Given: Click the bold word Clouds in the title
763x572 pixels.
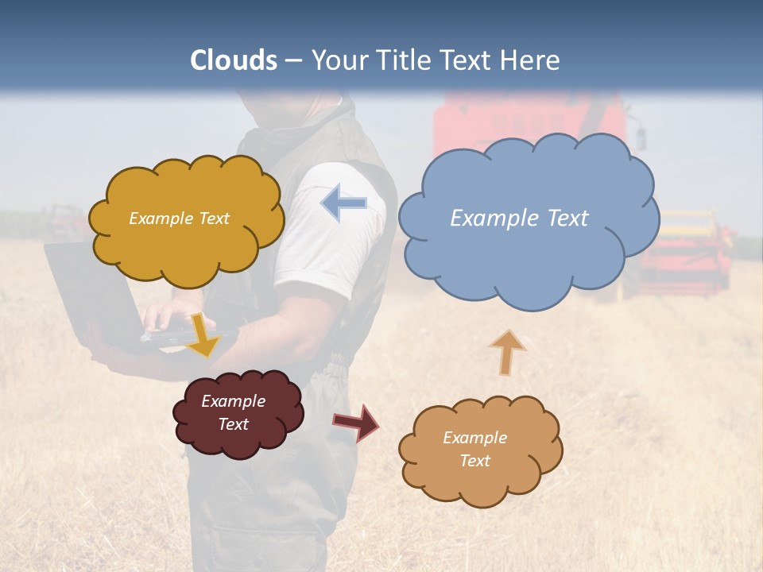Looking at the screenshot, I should coord(234,60).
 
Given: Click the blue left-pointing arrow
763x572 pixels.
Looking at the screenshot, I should coord(343,203).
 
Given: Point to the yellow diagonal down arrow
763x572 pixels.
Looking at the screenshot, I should coord(202,336).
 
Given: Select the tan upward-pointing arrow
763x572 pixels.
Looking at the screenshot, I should coord(506,352).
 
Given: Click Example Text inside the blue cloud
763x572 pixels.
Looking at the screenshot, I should coord(519,218).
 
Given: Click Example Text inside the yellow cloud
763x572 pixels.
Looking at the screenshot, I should coord(179,218).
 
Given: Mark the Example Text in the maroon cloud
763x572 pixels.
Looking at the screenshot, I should coord(233,412).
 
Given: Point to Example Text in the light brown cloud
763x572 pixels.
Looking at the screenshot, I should coord(474,449).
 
